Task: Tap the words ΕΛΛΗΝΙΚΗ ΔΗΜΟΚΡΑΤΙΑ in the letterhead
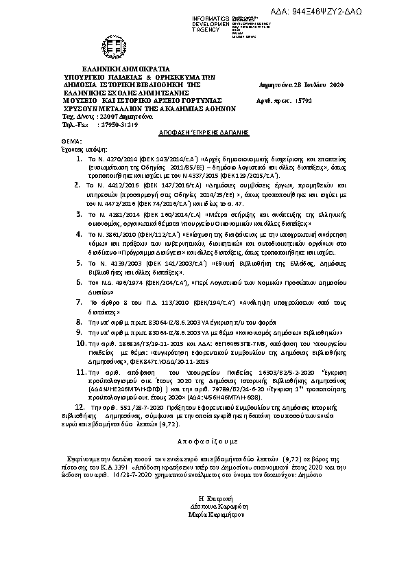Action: click(121, 69)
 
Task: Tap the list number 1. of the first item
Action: click(80, 157)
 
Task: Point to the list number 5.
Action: click(80, 262)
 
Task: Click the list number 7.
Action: click(80, 302)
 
